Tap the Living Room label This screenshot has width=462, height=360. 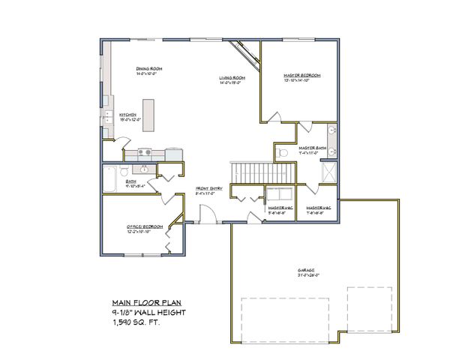point(233,77)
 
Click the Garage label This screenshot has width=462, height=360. point(306,271)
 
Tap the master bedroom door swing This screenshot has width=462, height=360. point(274,117)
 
